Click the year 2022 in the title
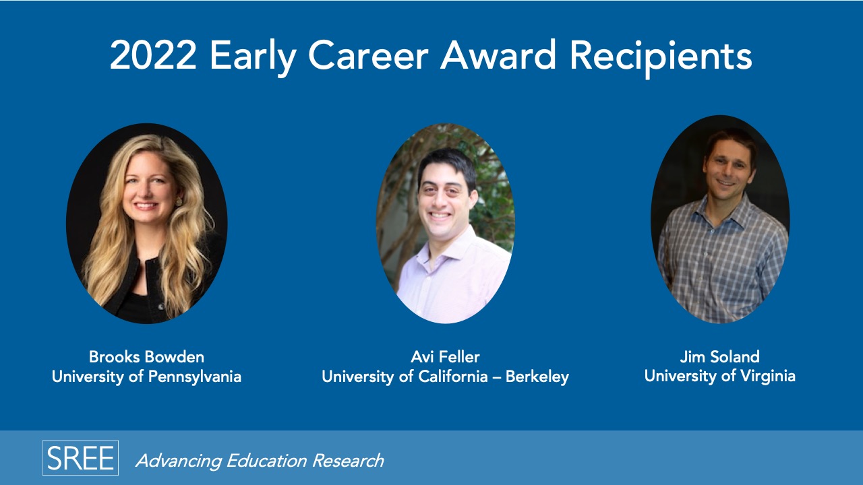pyautogui.click(x=153, y=55)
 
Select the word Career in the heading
pyautogui.click(x=368, y=55)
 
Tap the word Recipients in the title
pyautogui.click(x=661, y=59)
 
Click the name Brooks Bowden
pyautogui.click(x=146, y=357)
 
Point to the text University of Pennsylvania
pyautogui.click(x=146, y=377)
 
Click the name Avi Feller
pyautogui.click(x=445, y=357)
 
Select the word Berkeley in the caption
pyautogui.click(x=537, y=377)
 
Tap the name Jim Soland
pyautogui.click(x=719, y=357)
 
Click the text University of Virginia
pyautogui.click(x=719, y=376)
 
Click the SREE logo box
pyautogui.click(x=80, y=457)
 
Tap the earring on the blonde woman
pyautogui.click(x=179, y=201)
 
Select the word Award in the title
pyautogui.click(x=498, y=55)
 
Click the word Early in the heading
pyautogui.click(x=252, y=59)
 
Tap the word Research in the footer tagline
pyautogui.click(x=348, y=461)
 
